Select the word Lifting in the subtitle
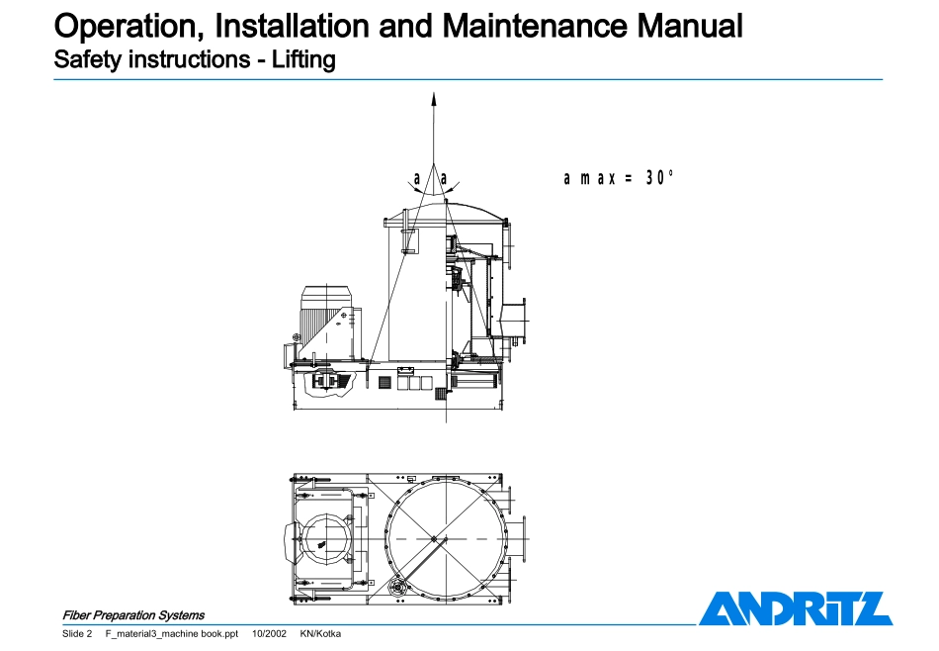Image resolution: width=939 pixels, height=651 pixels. tap(303, 60)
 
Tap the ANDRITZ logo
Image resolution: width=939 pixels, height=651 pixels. tap(796, 608)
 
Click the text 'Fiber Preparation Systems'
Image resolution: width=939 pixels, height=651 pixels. tap(133, 615)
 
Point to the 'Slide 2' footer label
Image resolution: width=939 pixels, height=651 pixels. tap(77, 633)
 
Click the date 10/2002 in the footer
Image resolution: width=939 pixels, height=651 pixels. tap(269, 633)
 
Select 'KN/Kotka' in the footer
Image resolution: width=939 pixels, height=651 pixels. tap(320, 633)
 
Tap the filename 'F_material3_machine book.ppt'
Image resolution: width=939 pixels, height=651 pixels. tap(172, 633)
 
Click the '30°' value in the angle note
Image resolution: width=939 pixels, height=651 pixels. tap(659, 177)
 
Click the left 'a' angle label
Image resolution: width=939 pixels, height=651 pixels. tap(417, 179)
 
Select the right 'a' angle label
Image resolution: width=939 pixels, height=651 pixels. tap(444, 179)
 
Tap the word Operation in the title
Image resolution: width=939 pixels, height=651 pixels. tap(129, 26)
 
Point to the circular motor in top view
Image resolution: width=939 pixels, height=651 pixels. tap(326, 538)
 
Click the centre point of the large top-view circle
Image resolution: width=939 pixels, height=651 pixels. tap(434, 539)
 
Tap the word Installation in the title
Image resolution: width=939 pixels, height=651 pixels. tap(293, 26)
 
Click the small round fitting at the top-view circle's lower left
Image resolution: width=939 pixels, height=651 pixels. tap(396, 588)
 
